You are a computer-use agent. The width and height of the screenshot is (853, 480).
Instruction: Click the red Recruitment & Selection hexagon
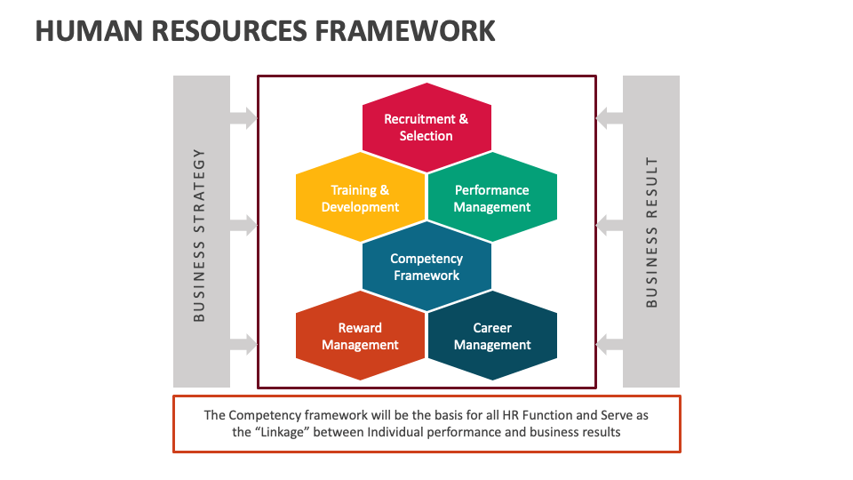click(x=426, y=127)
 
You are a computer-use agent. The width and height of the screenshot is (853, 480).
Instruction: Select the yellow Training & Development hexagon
click(x=360, y=198)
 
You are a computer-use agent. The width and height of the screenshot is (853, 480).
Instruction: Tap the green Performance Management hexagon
click(x=492, y=198)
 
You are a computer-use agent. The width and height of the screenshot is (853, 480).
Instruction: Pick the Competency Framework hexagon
click(x=426, y=267)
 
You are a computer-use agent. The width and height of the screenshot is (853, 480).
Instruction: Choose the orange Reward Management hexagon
click(x=360, y=336)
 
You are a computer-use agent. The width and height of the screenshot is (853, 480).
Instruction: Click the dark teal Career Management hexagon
click(x=492, y=336)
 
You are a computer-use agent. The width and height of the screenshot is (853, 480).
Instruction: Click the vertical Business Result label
click(x=652, y=232)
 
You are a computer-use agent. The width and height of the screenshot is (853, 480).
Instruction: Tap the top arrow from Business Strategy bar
click(x=243, y=117)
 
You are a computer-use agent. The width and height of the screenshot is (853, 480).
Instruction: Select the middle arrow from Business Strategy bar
click(x=243, y=226)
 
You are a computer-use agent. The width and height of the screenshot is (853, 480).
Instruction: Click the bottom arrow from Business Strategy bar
click(x=243, y=343)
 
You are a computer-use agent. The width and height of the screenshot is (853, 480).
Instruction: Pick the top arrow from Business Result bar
click(x=610, y=117)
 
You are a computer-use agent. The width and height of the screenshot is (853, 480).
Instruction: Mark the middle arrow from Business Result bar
click(x=610, y=226)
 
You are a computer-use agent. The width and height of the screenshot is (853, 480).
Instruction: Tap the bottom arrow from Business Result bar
click(x=610, y=343)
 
